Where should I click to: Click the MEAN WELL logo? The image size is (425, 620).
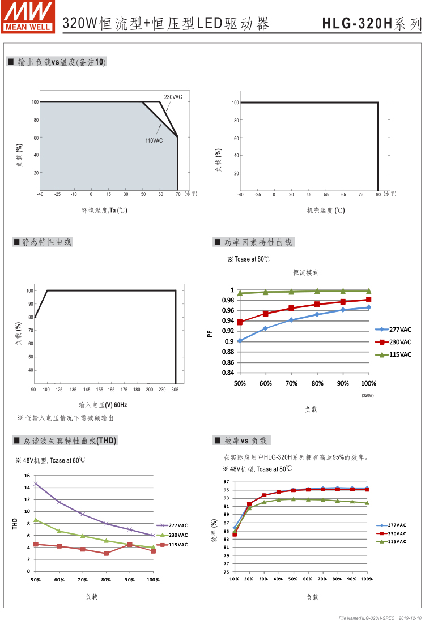28,16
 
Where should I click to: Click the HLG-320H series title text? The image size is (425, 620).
372,24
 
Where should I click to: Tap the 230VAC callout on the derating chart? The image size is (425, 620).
173,97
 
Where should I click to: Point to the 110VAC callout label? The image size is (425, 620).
154,140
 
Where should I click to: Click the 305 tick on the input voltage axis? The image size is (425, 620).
175,390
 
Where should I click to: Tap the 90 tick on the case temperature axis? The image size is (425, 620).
378,194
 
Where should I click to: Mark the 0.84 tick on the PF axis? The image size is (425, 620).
227,373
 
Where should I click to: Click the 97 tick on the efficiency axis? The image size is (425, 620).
226,482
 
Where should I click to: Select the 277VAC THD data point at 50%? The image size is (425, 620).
36,484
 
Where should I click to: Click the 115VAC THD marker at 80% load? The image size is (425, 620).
106,553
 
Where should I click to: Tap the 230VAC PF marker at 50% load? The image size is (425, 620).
240,322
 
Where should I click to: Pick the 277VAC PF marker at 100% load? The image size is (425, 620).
368,307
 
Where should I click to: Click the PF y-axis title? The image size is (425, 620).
210,334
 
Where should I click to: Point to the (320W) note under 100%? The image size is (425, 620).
368,395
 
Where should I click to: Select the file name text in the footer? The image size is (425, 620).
367,616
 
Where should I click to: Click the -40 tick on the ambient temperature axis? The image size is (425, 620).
40,194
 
